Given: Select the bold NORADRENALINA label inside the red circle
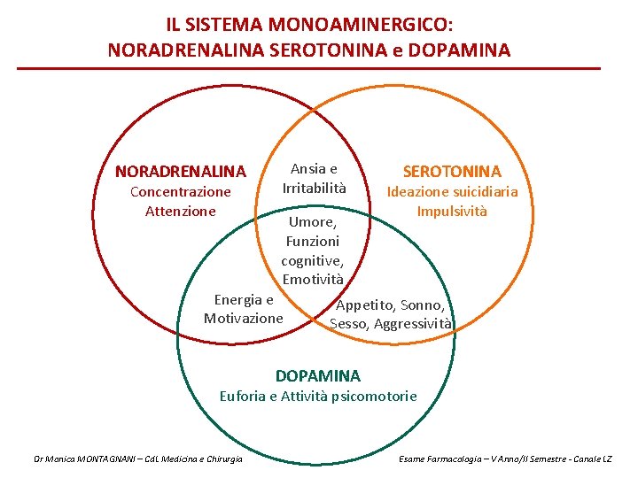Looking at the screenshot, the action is point(181,171).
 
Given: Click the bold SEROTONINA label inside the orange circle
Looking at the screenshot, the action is point(452,171).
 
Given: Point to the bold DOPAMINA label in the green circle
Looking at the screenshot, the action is point(318,376).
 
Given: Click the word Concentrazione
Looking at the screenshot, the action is point(181,191).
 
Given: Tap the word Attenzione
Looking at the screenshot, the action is point(181,211).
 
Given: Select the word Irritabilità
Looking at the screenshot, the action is point(315,188).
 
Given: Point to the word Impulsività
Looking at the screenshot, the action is point(452,212).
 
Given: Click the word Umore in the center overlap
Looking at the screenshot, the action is point(311,221).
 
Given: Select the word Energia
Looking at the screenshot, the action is point(237,299).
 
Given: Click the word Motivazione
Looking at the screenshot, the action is point(244,319).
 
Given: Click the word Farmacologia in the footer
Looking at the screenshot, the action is point(466,459).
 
